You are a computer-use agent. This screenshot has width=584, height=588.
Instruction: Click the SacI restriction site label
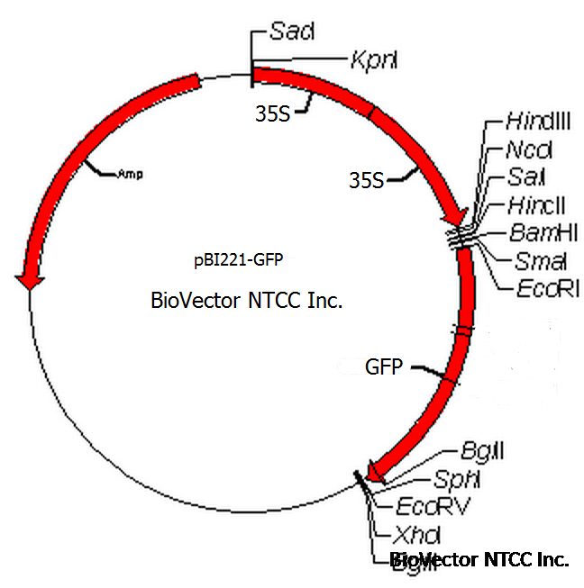click(291, 32)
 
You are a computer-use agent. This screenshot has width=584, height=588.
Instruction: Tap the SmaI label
click(526, 261)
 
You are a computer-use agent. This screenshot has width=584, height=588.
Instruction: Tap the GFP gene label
click(383, 367)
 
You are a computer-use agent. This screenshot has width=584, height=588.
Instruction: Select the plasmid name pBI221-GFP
click(238, 261)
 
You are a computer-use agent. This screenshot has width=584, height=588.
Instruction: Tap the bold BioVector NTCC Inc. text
click(479, 560)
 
